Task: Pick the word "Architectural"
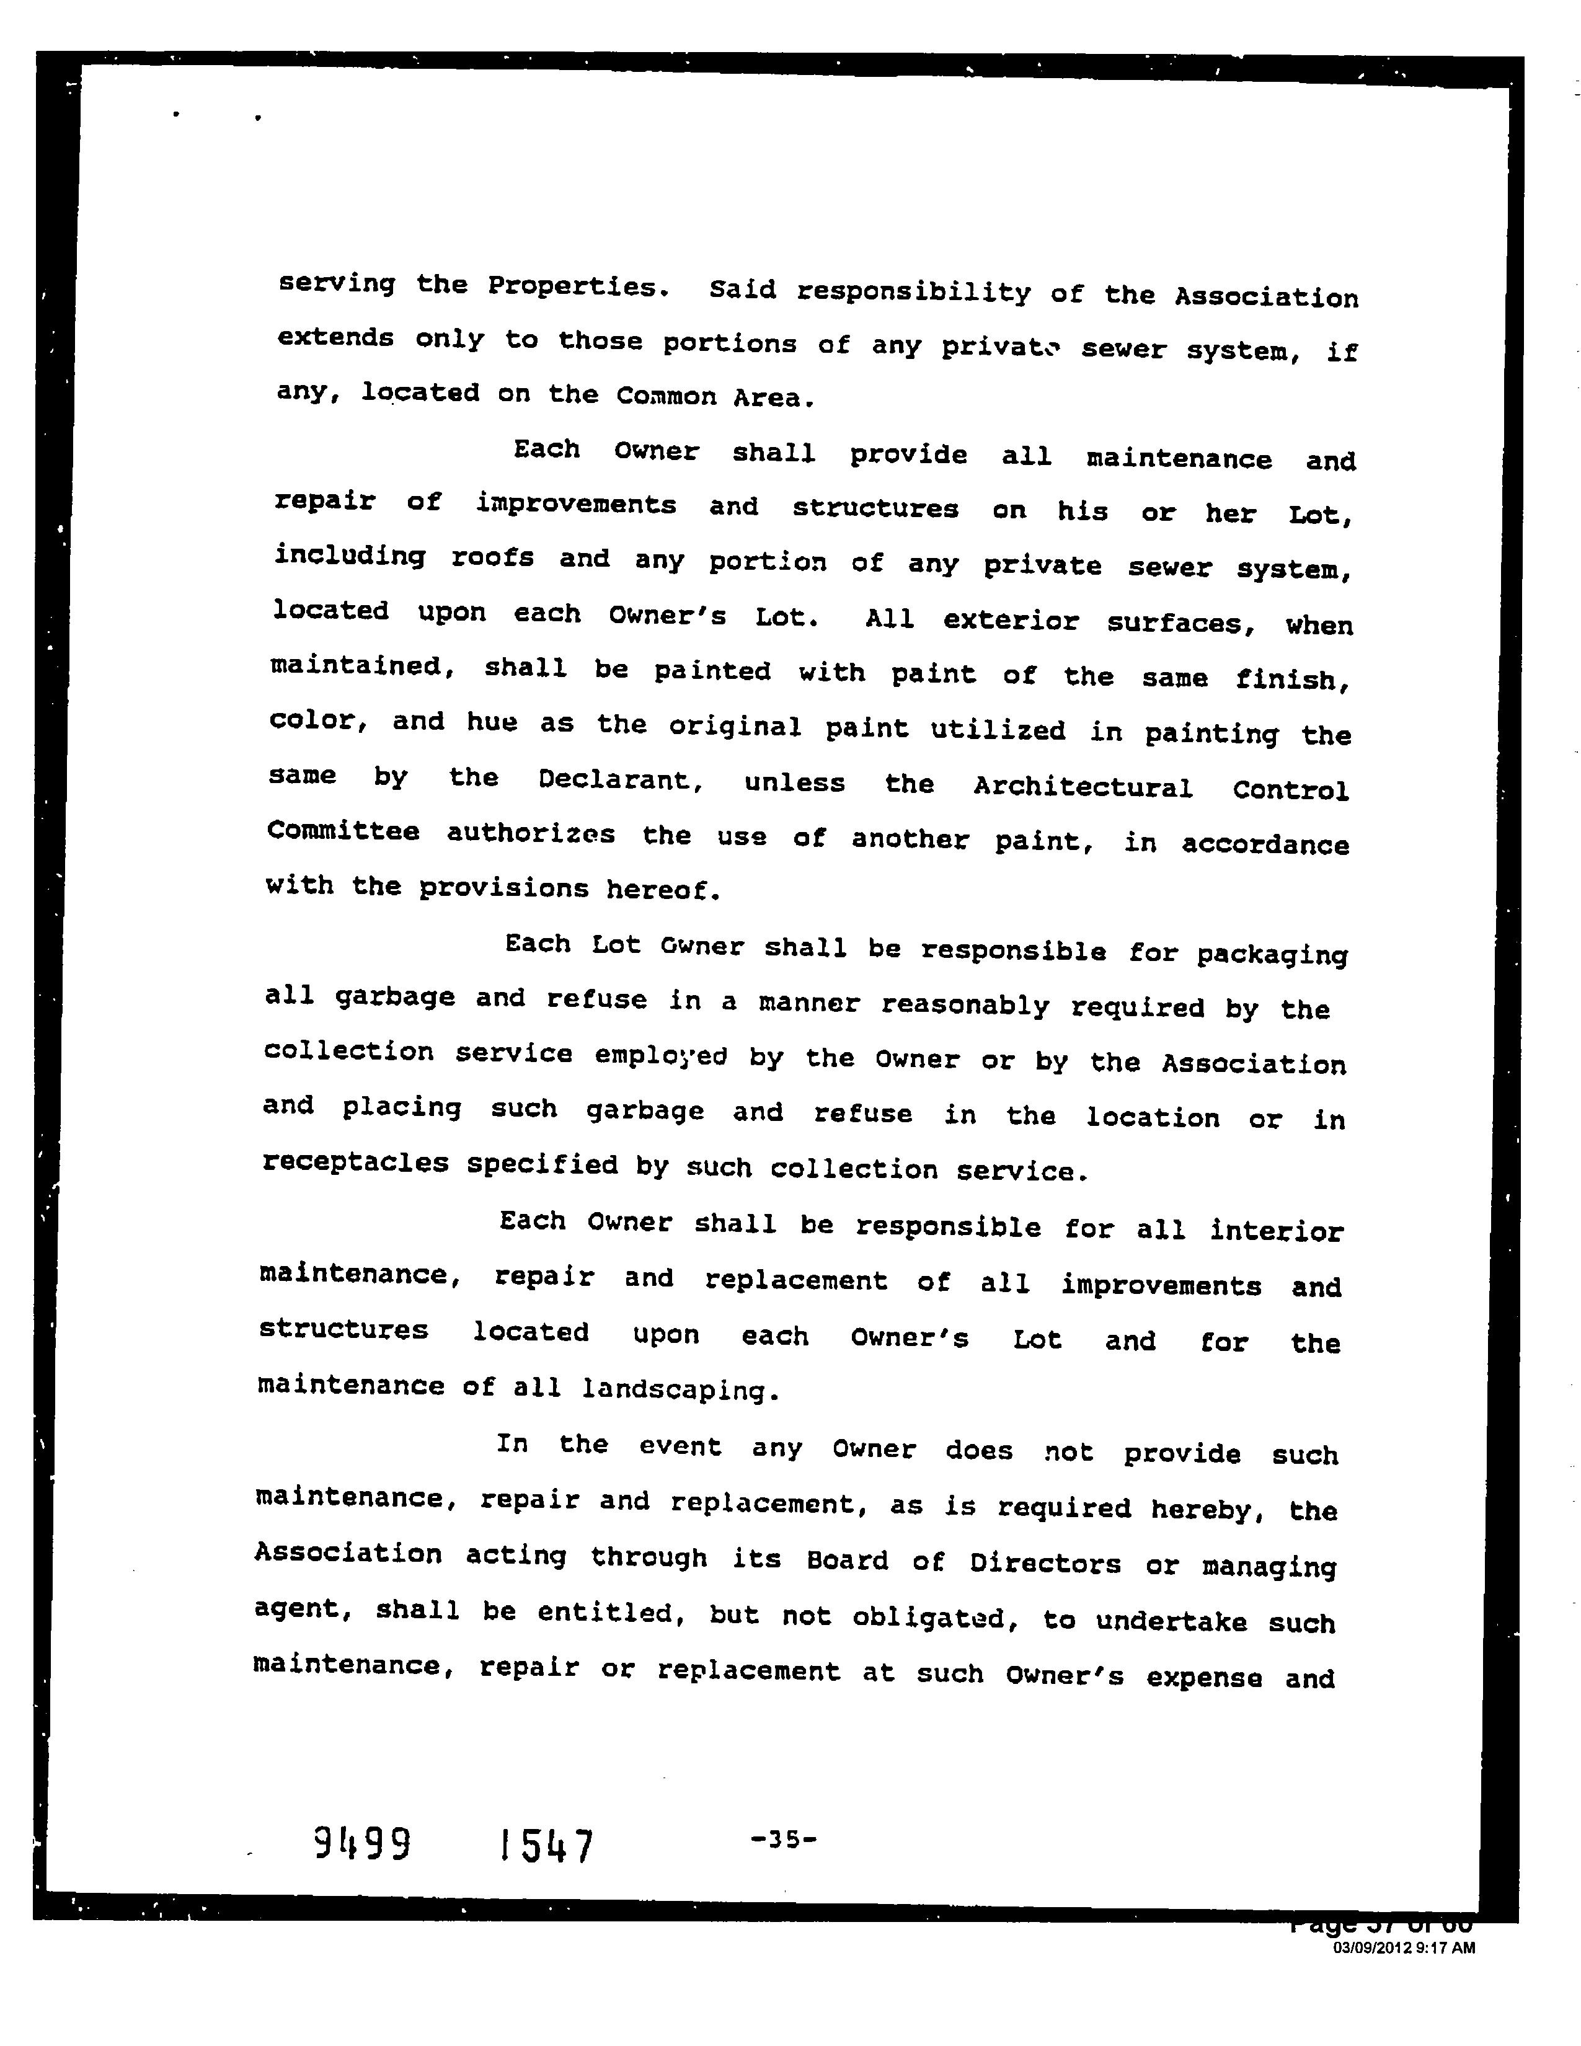pyautogui.click(x=1082, y=787)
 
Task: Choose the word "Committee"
pyautogui.click(x=343, y=832)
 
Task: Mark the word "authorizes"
pyautogui.click(x=530, y=834)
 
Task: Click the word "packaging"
pyautogui.click(x=1271, y=955)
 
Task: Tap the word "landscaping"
pyautogui.click(x=679, y=1389)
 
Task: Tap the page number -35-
pyautogui.click(x=784, y=1839)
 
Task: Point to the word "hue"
pyautogui.click(x=492, y=722)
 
